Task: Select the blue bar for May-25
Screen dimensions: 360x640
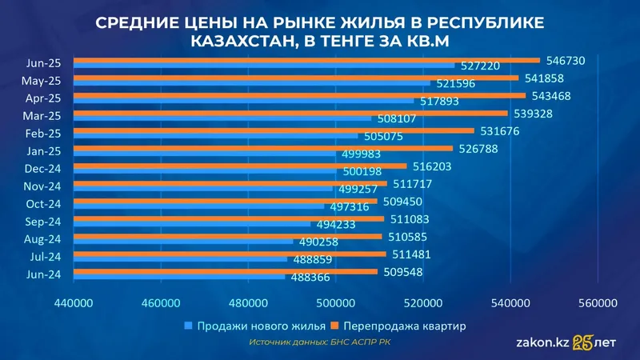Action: coord(252,83)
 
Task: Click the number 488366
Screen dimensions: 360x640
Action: coord(310,278)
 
